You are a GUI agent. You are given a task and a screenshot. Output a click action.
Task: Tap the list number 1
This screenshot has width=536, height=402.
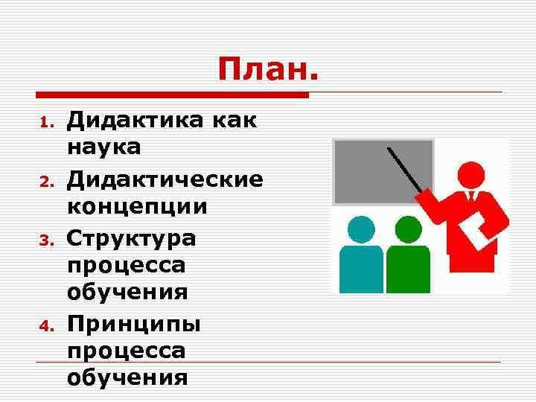click(x=45, y=122)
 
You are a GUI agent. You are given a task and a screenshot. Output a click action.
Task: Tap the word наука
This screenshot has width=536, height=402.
click(x=103, y=147)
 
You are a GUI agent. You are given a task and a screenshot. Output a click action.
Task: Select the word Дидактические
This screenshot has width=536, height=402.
click(x=165, y=179)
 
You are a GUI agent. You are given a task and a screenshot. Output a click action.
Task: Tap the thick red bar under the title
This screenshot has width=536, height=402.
click(x=172, y=95)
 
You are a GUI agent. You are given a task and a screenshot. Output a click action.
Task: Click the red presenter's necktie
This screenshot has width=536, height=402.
click(x=470, y=197)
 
